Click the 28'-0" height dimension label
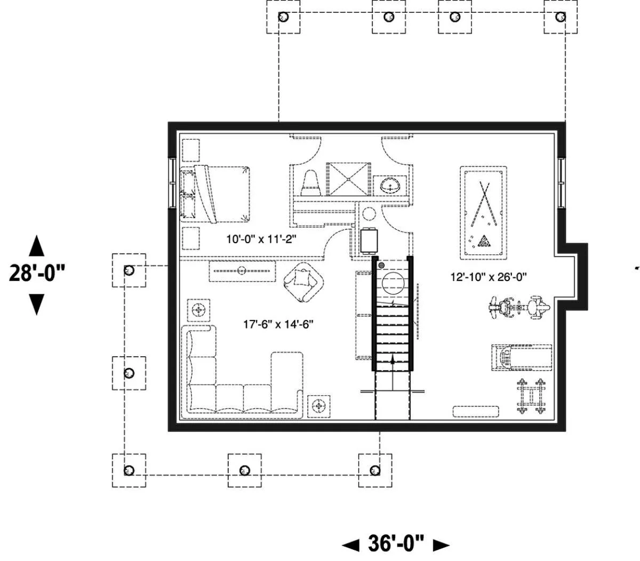point(37,273)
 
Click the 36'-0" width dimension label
point(395,543)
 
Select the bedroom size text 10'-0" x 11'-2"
point(261,239)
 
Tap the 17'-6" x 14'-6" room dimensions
point(278,324)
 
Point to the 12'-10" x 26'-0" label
point(489,277)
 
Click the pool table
point(483,213)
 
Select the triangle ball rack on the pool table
point(484,241)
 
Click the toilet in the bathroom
point(310,183)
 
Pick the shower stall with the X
point(348,179)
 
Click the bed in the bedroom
point(215,194)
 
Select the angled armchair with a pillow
point(303,282)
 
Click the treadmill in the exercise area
point(522,357)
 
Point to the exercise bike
point(519,307)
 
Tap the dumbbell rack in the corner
point(531,396)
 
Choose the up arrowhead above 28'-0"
point(37,245)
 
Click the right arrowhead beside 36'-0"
point(441,545)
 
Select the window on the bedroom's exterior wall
point(172,183)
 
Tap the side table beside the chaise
point(319,406)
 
